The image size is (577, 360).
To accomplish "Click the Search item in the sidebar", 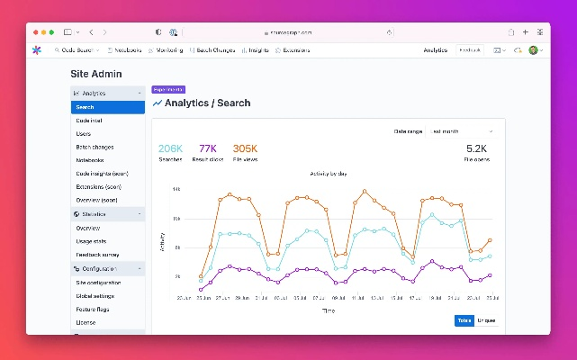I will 85,107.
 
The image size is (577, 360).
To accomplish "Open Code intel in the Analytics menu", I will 88,121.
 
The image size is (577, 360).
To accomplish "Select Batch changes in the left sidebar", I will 95,147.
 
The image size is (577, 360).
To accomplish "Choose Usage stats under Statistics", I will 93,241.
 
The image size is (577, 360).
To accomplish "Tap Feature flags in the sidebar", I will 95,309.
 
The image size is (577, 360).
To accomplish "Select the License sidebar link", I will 86,322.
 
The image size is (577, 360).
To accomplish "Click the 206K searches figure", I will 171,148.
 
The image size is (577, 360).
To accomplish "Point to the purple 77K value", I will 208,148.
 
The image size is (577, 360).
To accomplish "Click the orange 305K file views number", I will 245,148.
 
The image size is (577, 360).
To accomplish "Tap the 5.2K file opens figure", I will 476,148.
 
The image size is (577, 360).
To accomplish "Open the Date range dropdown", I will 462,131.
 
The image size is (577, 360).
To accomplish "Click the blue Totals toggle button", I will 464,320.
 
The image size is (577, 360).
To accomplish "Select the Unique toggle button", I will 486,320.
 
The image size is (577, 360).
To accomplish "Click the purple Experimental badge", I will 168,89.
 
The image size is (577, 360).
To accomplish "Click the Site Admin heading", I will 95,74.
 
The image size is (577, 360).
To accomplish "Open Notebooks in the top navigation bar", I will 124,50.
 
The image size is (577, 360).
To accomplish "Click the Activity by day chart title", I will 329,174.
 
